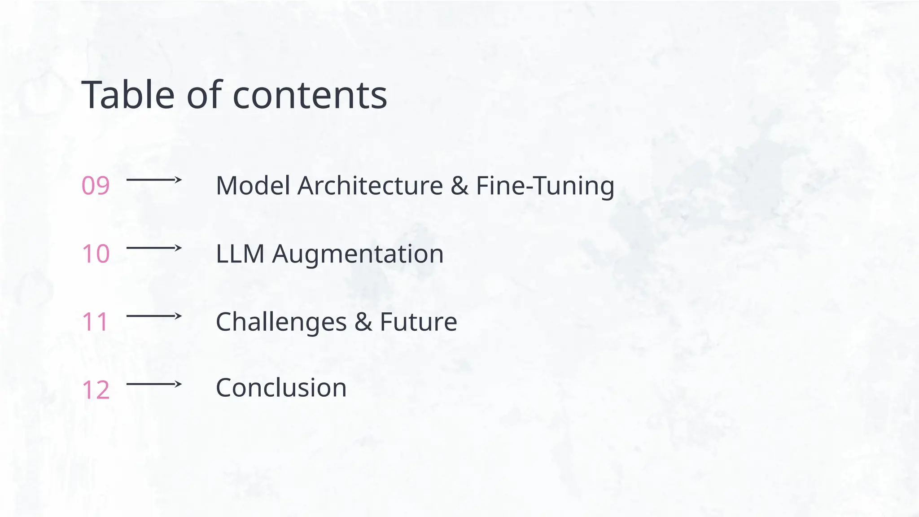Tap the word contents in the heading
[x=310, y=96]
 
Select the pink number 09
[x=96, y=186]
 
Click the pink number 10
[x=96, y=254]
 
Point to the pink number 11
[x=95, y=322]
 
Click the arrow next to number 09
[x=154, y=180]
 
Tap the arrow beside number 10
[x=154, y=248]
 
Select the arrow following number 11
[x=154, y=316]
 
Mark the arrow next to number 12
[x=154, y=384]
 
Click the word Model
[x=253, y=186]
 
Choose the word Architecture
[x=370, y=186]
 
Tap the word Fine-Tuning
[x=545, y=186]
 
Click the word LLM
[x=240, y=254]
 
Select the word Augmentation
[x=358, y=254]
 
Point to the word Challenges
[x=281, y=322]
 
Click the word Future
[x=418, y=322]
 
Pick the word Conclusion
[x=281, y=388]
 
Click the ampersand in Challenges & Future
[x=363, y=322]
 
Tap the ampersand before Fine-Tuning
[x=459, y=186]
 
